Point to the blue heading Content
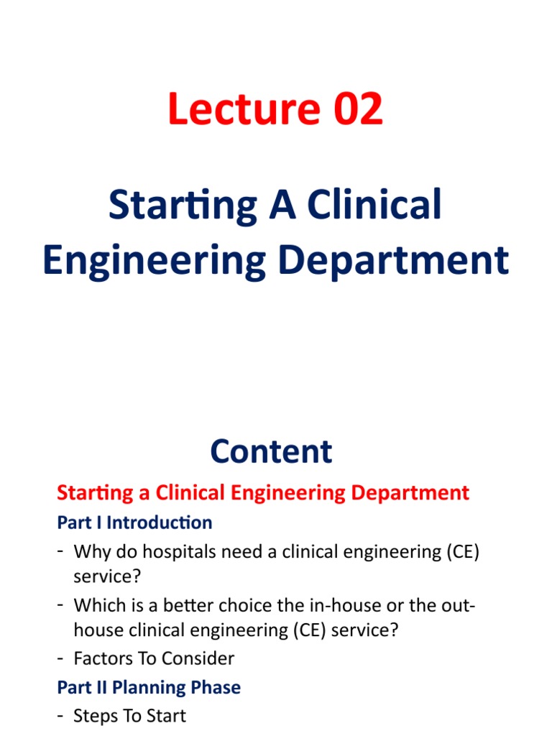271,451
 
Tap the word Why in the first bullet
91,552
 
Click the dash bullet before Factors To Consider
61,658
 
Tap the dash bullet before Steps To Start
61,715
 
